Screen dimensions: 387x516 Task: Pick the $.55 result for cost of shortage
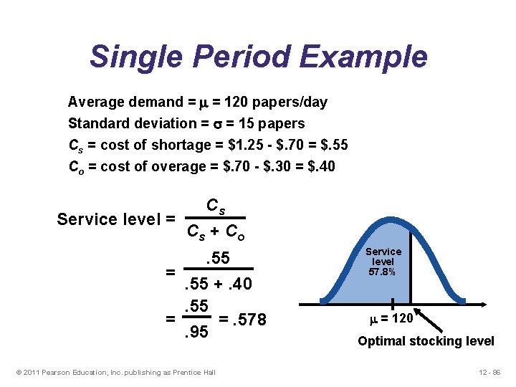[x=330, y=145]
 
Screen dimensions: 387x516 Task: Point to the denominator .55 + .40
[x=219, y=285]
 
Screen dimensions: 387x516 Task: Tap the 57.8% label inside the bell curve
[x=383, y=273]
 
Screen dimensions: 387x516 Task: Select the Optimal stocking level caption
[x=426, y=340]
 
